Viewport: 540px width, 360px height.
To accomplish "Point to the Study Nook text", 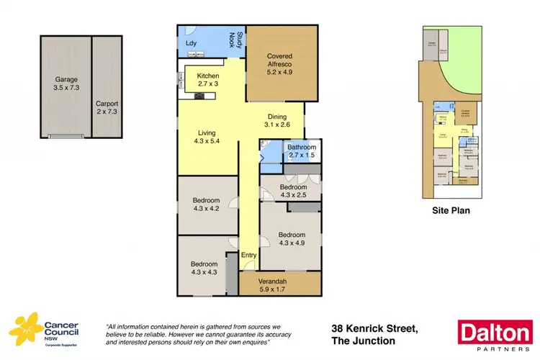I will tap(234, 40).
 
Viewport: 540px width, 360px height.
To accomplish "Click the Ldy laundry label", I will tap(192, 42).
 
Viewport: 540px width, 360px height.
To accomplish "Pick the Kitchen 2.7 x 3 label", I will tap(209, 80).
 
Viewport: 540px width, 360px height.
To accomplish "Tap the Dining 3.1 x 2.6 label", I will tap(279, 120).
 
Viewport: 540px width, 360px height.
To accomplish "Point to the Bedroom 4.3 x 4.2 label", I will tap(206, 204).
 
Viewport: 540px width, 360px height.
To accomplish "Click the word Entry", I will tap(248, 255).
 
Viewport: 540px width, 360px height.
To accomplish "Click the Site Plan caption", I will tap(451, 211).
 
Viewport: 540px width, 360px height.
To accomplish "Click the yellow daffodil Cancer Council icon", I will tap(21, 330).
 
